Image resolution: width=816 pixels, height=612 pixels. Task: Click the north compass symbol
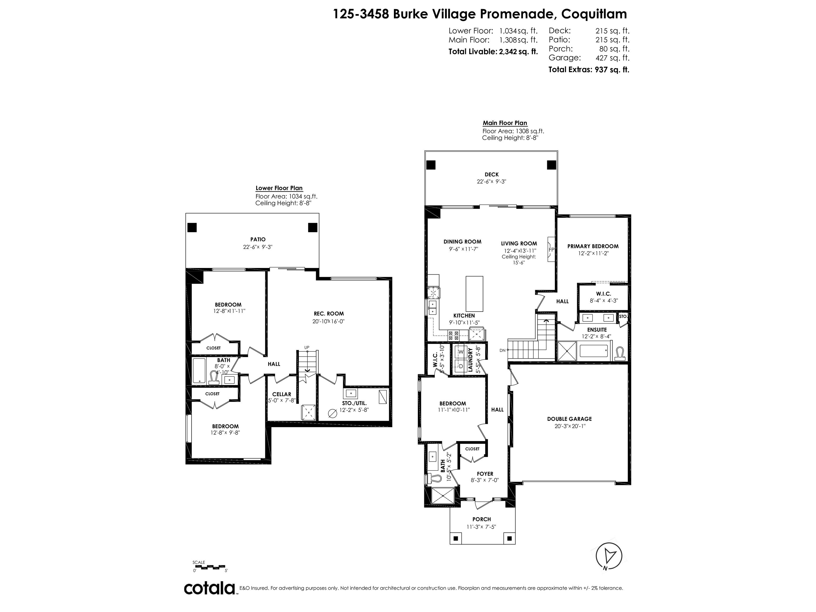pos(609,556)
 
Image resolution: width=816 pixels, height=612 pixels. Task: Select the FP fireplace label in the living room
pos(551,249)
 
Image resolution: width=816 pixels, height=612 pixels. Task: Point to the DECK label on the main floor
pos(491,175)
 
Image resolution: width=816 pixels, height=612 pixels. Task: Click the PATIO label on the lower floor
pos(258,239)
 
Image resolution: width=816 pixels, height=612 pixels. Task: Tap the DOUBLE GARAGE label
pos(569,419)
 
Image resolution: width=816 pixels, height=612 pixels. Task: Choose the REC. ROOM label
pos(328,313)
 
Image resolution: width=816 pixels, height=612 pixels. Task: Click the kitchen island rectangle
pos(474,294)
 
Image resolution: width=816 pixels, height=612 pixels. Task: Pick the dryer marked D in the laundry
pos(460,366)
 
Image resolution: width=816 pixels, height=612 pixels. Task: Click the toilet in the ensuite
pos(620,353)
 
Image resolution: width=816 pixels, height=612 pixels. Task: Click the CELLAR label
pos(282,394)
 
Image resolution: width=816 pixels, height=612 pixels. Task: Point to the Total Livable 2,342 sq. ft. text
pos(493,52)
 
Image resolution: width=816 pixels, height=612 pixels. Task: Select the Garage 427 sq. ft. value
pos(612,58)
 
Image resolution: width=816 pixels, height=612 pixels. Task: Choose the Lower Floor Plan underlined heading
pos(279,188)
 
